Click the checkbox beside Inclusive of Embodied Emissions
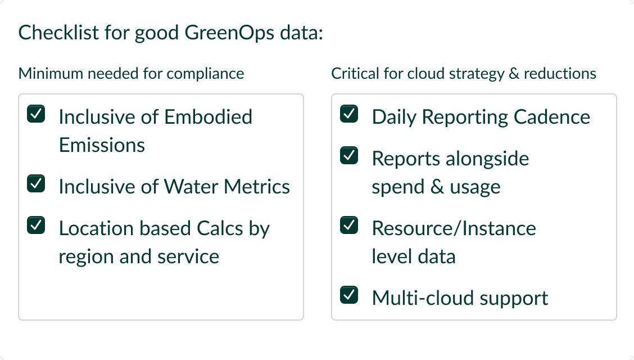(x=37, y=115)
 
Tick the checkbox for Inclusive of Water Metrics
(x=37, y=184)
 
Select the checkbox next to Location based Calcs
(x=37, y=226)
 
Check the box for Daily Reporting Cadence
(x=350, y=115)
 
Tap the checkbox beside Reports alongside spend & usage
(x=350, y=156)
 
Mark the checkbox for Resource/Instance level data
(x=350, y=226)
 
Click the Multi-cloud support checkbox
(x=350, y=295)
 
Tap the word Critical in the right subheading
(x=349, y=74)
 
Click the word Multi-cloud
(x=415, y=298)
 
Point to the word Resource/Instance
(x=454, y=228)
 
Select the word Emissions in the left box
(x=102, y=145)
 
